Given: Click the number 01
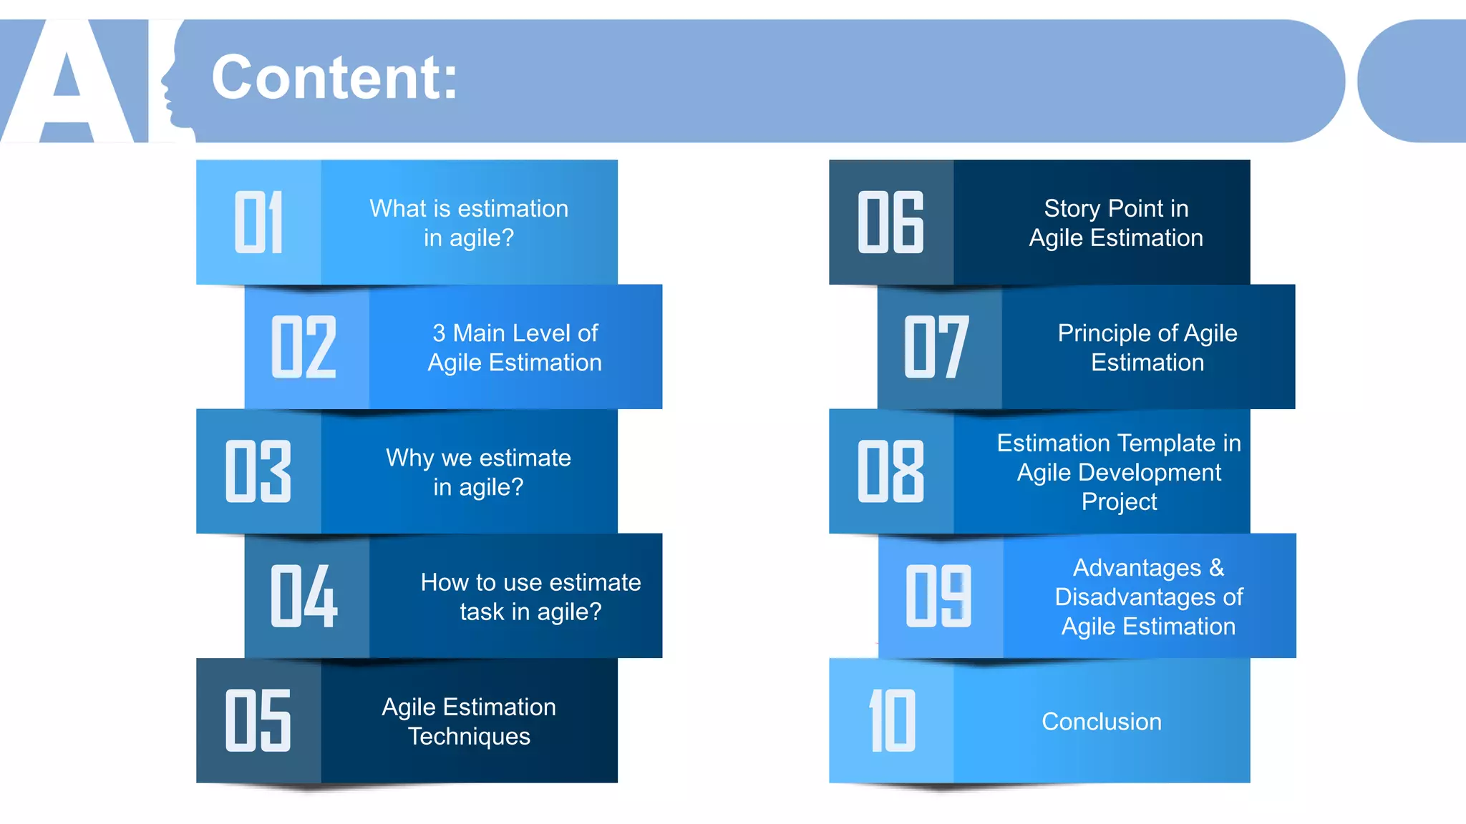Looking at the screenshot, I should pos(258,222).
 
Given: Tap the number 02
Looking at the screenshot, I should pos(304,347).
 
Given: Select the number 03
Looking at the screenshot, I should pos(258,471).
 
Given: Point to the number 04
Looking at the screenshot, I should pos(304,596).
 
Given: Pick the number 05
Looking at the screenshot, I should pos(258,720).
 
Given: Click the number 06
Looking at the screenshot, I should pos(891,222).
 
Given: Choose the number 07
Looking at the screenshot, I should pos(936,347).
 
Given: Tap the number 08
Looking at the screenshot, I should pos(891,471).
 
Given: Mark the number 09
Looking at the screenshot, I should pos(938,596).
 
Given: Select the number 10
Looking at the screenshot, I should pos(892,720).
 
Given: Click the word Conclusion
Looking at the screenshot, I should pos(1102,722).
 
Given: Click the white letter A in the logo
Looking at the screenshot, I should pos(67,86).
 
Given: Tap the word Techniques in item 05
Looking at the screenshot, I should pos(469,737).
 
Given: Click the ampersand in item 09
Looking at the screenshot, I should pos(1216,568).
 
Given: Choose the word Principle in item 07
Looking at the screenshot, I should pos(1104,334).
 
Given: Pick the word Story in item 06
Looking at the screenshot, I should pos(1072,209).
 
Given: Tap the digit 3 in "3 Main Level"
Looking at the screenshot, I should pos(439,333).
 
